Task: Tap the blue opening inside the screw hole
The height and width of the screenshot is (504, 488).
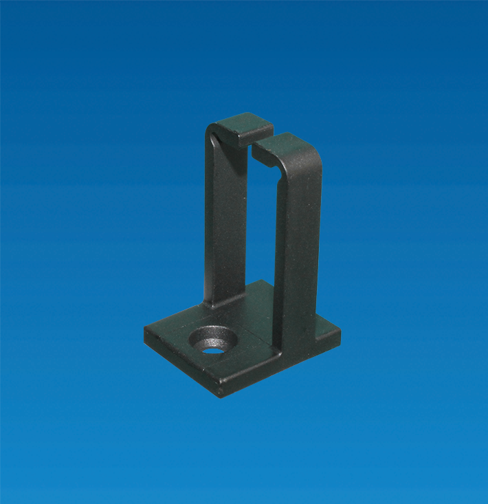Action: tap(214, 349)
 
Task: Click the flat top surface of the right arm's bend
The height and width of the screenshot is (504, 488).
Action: tap(289, 146)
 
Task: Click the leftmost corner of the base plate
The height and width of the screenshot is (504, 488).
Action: tap(146, 329)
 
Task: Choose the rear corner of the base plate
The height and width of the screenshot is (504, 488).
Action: tap(265, 281)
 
